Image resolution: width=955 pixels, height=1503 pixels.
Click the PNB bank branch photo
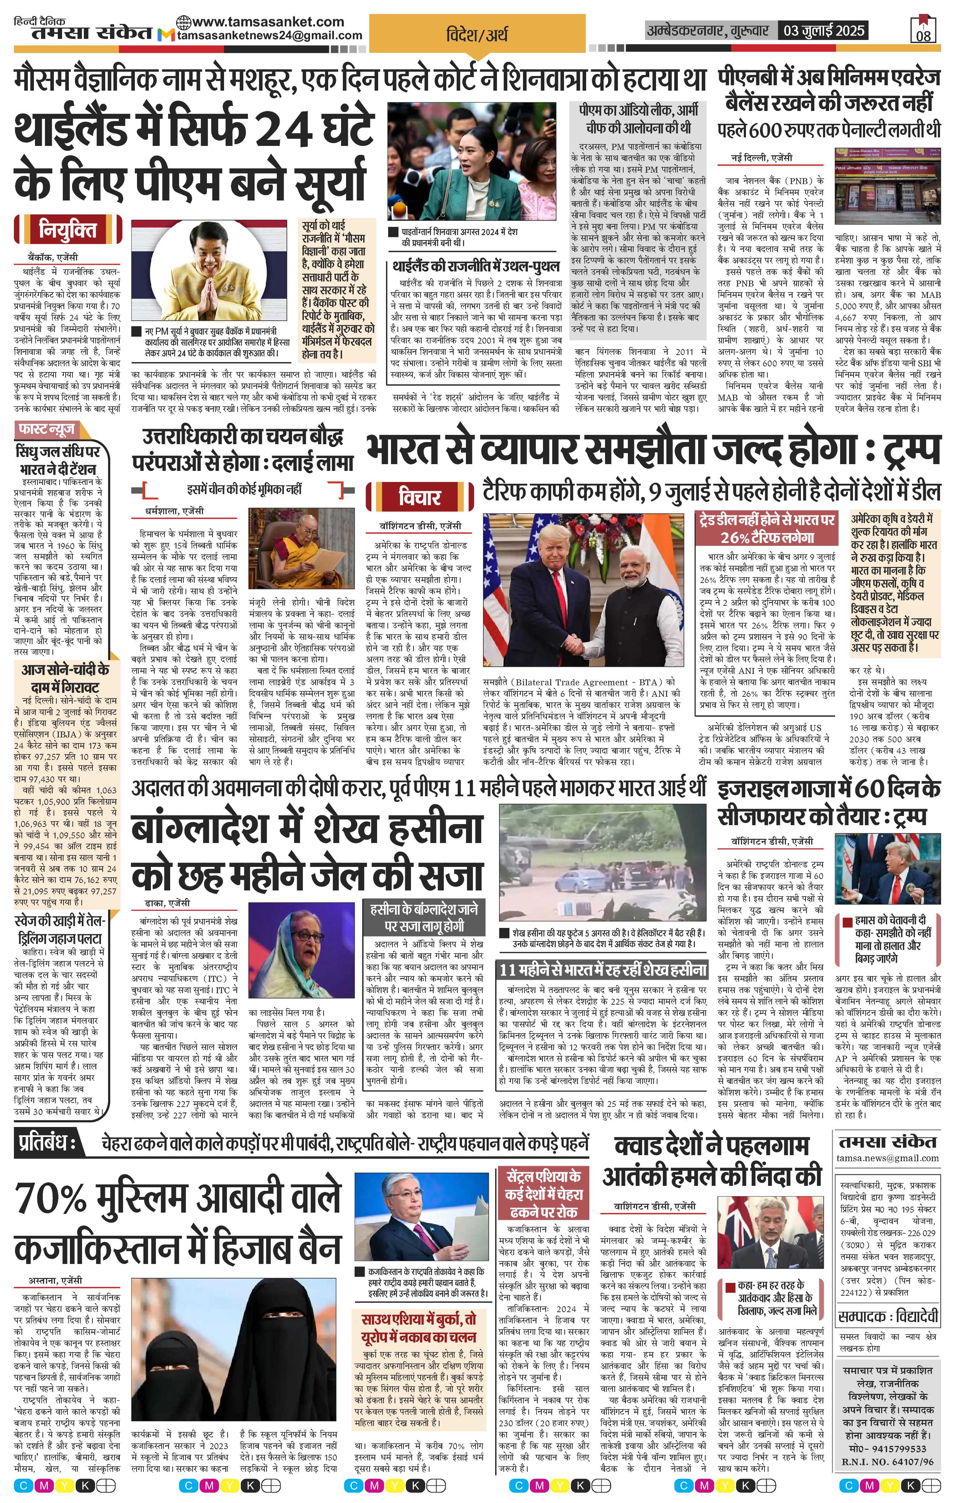click(x=888, y=186)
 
